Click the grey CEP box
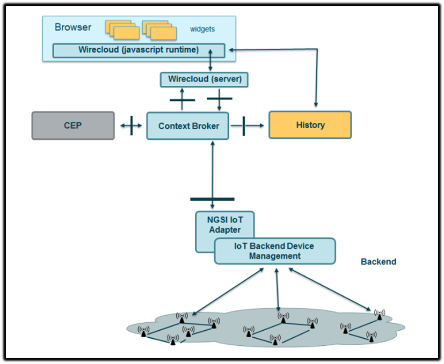[x=73, y=125]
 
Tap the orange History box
[x=310, y=125]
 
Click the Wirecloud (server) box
[x=205, y=80]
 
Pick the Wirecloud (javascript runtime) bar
[x=139, y=50]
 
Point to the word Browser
[x=73, y=27]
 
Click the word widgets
[x=202, y=29]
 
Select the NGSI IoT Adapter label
[x=224, y=225]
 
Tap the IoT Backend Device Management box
[x=274, y=251]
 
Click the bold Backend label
[x=379, y=262]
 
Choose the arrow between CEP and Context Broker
[x=131, y=126]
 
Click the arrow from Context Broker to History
[x=248, y=126]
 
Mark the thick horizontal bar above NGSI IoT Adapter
[x=212, y=199]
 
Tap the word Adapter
[x=225, y=230]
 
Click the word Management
[x=274, y=256]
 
